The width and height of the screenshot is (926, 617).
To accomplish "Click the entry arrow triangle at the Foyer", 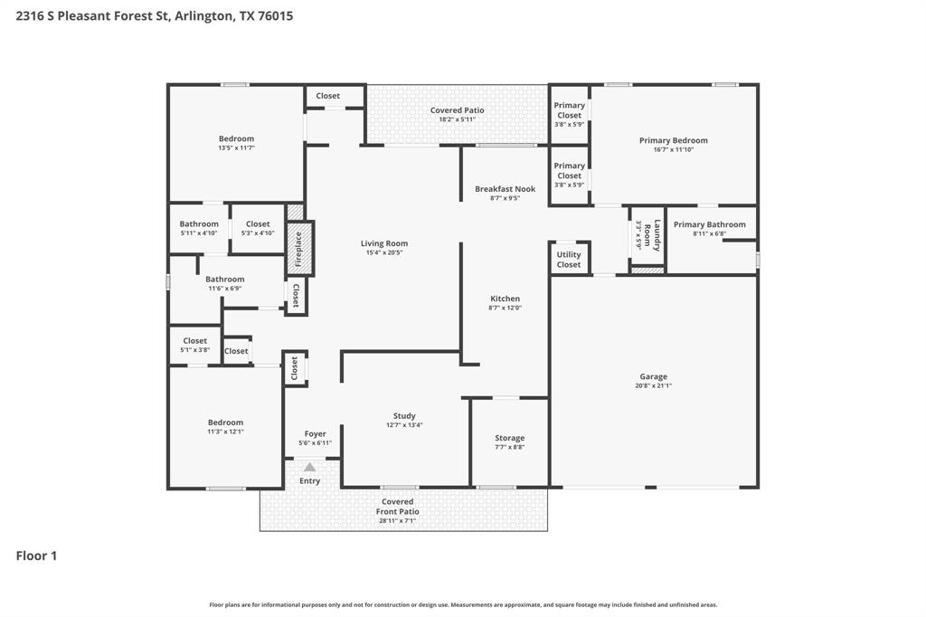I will pos(309,467).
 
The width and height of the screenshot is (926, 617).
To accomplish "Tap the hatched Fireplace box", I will pos(299,248).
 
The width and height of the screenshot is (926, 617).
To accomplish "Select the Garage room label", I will pos(653,376).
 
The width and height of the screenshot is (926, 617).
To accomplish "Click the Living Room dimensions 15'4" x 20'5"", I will pos(384,253).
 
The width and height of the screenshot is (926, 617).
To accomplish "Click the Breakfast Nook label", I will pos(505,189).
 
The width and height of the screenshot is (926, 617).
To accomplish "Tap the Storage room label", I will pos(509,438).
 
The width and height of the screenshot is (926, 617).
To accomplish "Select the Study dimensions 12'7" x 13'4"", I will pos(404,425).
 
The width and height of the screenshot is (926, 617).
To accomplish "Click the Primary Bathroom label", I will pos(709,224).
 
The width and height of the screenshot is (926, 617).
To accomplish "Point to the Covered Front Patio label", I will pos(397,507).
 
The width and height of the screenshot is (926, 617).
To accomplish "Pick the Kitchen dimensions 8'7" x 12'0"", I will pos(505,308).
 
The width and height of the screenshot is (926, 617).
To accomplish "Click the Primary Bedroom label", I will pos(673,140).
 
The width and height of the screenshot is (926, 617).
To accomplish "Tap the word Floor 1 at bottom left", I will pos(36,555).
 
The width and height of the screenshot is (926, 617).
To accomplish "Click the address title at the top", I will pos(154,15).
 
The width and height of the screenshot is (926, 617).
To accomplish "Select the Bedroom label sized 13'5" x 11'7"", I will pos(236,138).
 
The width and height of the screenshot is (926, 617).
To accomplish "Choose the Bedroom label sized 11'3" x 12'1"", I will pos(225,422).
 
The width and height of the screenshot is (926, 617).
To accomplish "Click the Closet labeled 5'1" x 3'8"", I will pos(194,341).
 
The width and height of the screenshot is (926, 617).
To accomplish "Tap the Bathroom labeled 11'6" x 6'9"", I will pos(224,280).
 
